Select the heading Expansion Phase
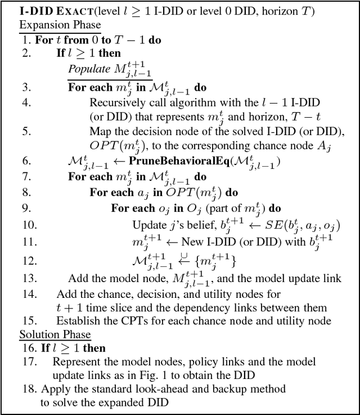point(60,25)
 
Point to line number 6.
point(26,161)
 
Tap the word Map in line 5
point(100,132)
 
